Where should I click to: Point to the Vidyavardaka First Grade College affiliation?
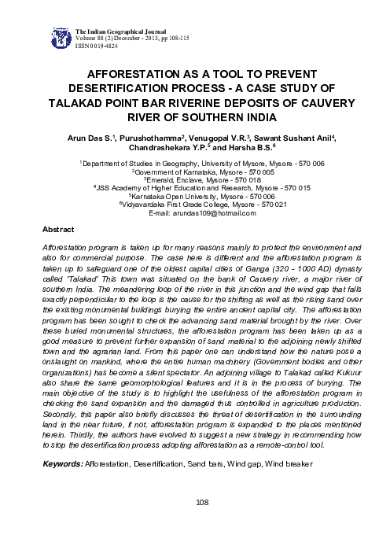(x=194, y=205)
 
